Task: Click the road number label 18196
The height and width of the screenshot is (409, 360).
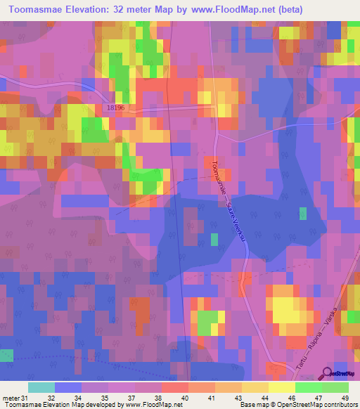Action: (x=117, y=108)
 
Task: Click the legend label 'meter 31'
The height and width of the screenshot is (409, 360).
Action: (x=15, y=397)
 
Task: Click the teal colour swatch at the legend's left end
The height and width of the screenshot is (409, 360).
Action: (x=41, y=387)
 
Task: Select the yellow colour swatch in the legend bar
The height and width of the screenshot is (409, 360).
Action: (x=282, y=387)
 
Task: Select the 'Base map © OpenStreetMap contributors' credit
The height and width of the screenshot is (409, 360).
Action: (x=297, y=405)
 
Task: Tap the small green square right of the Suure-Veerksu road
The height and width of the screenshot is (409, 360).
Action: (x=303, y=214)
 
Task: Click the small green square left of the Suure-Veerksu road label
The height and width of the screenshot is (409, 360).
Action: (x=214, y=240)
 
